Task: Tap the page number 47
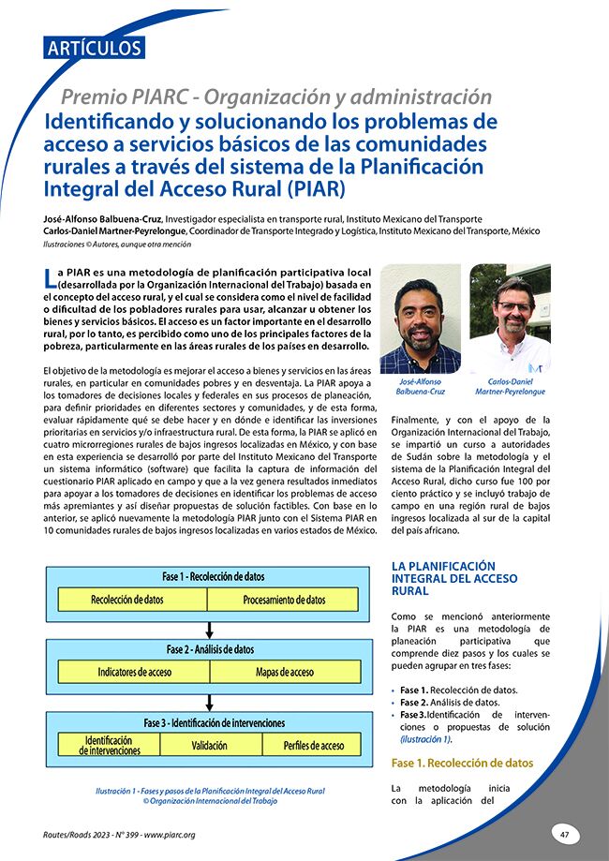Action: pyautogui.click(x=564, y=834)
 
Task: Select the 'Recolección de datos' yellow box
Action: pyautogui.click(x=127, y=600)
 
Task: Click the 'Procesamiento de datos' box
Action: pyautogui.click(x=284, y=600)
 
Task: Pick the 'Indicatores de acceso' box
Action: pyautogui.click(x=134, y=672)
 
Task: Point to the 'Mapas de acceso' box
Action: pyautogui.click(x=284, y=672)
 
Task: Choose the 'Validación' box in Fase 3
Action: pyautogui.click(x=209, y=745)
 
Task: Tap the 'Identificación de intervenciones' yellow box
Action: pyautogui.click(x=110, y=745)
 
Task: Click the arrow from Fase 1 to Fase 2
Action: pyautogui.click(x=210, y=627)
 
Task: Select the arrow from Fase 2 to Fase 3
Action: pyautogui.click(x=210, y=699)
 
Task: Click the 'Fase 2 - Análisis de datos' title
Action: pyautogui.click(x=210, y=649)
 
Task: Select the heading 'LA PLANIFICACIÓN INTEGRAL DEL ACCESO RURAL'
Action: pyautogui.click(x=453, y=578)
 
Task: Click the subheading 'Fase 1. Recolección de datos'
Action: pyautogui.click(x=462, y=763)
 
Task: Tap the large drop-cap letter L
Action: pyautogui.click(x=51, y=276)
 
